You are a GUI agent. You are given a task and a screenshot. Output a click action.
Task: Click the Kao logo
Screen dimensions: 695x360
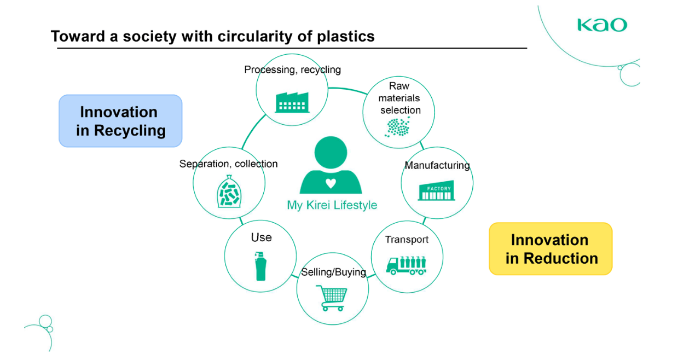click(x=602, y=25)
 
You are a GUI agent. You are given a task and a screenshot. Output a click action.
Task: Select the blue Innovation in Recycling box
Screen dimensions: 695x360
click(x=120, y=121)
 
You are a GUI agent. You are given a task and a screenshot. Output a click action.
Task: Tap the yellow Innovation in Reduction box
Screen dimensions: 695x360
click(x=551, y=249)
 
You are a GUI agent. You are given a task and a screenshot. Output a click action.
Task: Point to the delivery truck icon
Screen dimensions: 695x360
click(x=406, y=265)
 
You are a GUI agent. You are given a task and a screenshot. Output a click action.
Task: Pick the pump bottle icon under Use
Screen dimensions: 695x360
click(x=260, y=266)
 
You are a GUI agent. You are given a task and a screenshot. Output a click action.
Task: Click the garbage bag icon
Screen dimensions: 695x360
click(x=229, y=191)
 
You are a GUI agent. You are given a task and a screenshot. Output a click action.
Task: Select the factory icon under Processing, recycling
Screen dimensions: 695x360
click(x=292, y=102)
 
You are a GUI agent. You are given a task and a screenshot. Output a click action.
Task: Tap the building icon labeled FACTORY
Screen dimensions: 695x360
click(x=436, y=190)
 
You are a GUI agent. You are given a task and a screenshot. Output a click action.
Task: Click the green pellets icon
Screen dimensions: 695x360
click(x=397, y=127)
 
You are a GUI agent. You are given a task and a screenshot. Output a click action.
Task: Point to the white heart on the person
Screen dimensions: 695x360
click(x=331, y=184)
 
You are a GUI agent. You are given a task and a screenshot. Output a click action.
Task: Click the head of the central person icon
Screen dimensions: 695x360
click(x=331, y=152)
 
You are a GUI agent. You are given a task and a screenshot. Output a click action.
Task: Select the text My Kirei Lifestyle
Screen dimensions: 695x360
click(x=332, y=205)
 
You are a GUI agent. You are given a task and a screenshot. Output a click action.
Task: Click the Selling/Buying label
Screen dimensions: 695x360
click(x=333, y=272)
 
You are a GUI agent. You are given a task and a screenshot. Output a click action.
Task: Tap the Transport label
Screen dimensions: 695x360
click(x=407, y=240)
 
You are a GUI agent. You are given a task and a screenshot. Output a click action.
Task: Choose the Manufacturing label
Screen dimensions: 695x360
click(x=437, y=166)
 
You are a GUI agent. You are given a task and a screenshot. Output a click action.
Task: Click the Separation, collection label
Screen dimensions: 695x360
click(x=228, y=164)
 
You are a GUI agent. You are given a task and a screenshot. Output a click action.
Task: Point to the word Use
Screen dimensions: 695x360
click(x=261, y=237)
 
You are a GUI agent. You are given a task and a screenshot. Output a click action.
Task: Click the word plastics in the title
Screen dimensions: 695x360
click(x=346, y=36)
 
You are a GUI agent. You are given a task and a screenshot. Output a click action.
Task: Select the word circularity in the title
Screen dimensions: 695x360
click(x=254, y=36)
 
